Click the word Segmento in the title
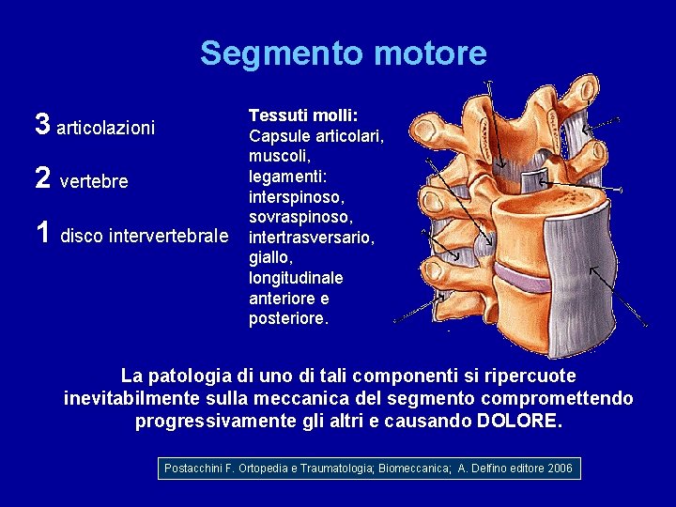tap(266, 53)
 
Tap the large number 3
tap(42, 124)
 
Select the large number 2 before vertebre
tap(42, 179)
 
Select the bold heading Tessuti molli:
tap(302, 115)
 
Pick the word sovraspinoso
tap(300, 218)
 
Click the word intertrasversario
tap(312, 238)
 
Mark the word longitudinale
tap(296, 279)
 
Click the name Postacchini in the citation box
tap(195, 468)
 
